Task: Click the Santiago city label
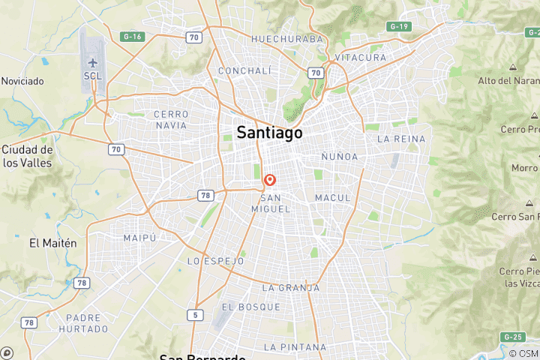(270, 133)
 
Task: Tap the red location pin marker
(270, 181)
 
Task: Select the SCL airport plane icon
(93, 61)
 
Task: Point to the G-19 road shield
(398, 26)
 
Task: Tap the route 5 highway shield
(196, 315)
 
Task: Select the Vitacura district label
(361, 58)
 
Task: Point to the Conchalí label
(243, 71)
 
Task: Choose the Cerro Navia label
(171, 119)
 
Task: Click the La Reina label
(401, 139)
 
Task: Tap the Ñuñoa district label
(339, 157)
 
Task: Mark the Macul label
(333, 197)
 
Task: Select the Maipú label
(140, 238)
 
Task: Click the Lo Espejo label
(215, 261)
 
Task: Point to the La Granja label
(290, 287)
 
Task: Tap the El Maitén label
(53, 243)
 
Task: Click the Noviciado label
(22, 80)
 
